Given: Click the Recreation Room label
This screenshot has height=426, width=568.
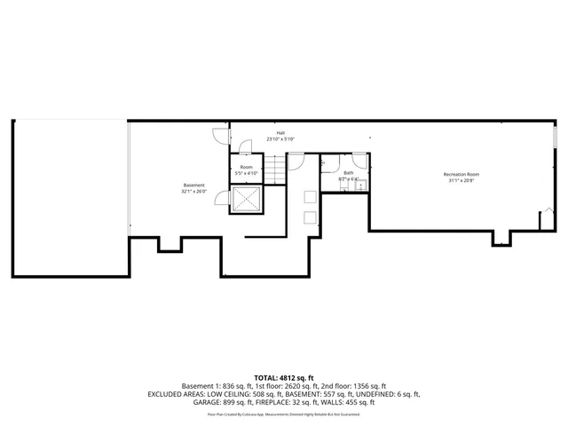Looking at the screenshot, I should (461, 174).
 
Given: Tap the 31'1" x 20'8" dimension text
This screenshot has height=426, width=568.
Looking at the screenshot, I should (461, 181).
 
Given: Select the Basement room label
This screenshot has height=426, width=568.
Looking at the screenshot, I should (193, 185).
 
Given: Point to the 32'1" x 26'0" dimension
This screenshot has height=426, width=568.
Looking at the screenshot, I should (193, 192).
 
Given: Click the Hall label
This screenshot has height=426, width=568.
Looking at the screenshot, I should (280, 132).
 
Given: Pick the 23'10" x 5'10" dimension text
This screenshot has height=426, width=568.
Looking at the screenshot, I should (280, 139).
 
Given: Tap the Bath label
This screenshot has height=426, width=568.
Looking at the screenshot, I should (349, 172).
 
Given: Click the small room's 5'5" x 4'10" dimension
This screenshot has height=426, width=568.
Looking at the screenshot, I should (246, 173).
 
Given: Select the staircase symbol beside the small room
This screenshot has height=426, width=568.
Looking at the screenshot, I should (277, 168).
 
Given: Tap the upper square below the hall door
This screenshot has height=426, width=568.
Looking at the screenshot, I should (310, 197).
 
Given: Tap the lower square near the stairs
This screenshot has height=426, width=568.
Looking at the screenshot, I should (310, 217).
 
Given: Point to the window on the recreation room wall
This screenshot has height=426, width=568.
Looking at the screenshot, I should (556, 138).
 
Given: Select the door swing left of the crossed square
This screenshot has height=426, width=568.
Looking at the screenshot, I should (225, 201).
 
